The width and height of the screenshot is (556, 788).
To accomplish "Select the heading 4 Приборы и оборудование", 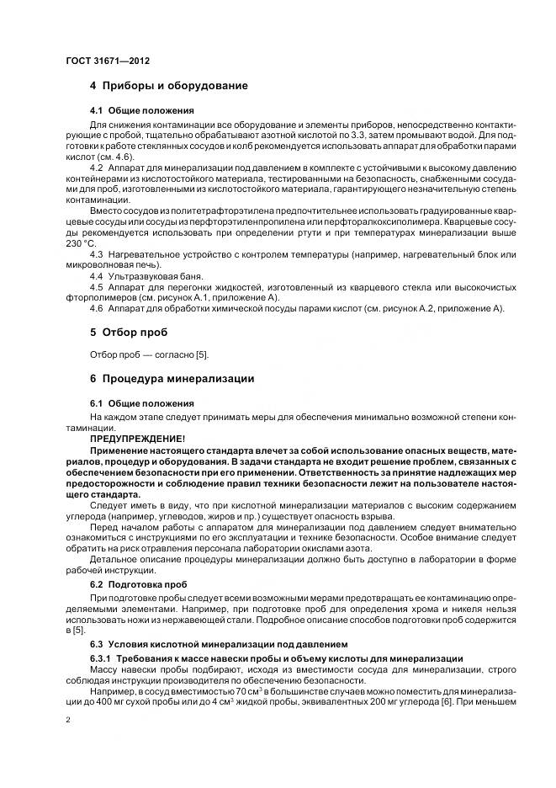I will click(x=168, y=86).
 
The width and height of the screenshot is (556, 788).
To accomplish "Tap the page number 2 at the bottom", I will click(x=67, y=721).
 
